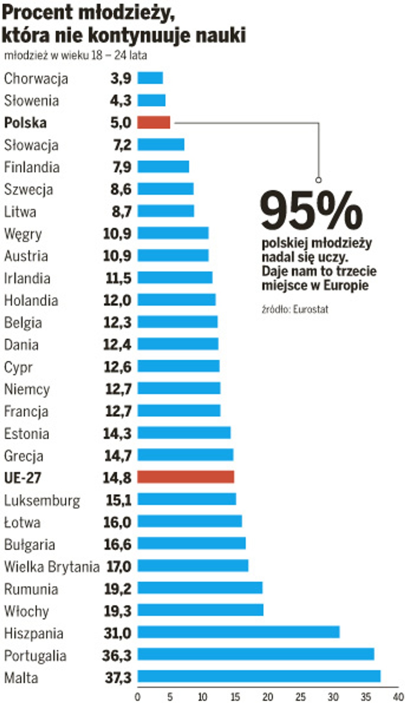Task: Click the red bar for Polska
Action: tap(154, 122)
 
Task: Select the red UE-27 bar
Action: tap(186, 477)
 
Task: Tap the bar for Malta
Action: tap(259, 676)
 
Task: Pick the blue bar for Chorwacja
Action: tap(150, 78)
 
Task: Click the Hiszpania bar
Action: tap(238, 632)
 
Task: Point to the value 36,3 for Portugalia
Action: tap(117, 655)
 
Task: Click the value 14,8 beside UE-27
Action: tap(117, 477)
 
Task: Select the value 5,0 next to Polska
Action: tap(120, 123)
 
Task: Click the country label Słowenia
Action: tap(31, 100)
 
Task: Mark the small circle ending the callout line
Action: tap(318, 180)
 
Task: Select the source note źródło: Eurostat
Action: tap(295, 309)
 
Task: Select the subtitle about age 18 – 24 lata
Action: tap(76, 55)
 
